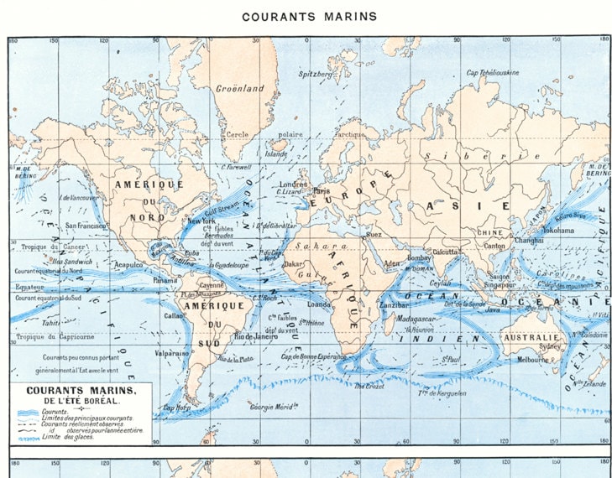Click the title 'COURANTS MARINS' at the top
pos(310,16)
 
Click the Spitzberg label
pos(316,74)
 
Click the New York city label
pos(201,221)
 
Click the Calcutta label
pos(445,251)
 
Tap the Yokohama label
pos(557,229)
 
